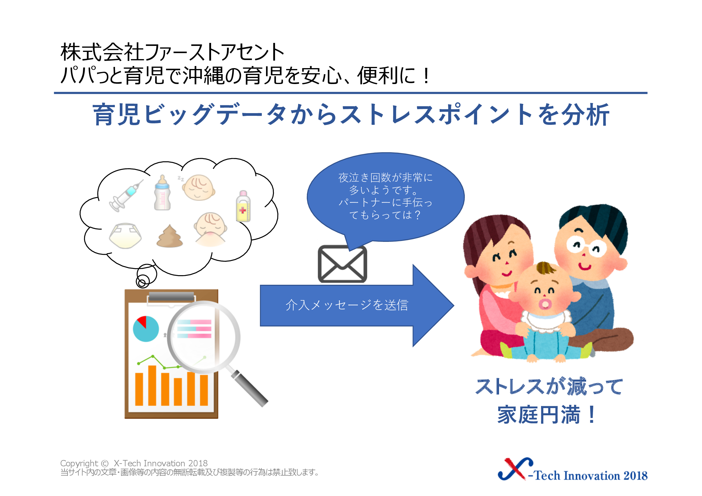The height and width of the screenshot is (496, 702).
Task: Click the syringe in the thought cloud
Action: click(x=126, y=196)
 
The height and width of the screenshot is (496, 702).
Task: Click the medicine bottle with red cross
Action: click(x=243, y=206)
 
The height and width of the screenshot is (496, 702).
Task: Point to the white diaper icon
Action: click(x=126, y=235)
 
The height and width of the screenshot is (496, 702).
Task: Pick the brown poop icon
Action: click(x=170, y=236)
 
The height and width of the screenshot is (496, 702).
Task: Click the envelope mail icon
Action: click(x=342, y=264)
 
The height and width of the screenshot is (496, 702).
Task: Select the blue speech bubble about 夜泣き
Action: click(x=386, y=197)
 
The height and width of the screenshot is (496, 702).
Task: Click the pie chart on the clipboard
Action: click(x=146, y=329)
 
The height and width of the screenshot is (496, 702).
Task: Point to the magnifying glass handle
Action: click(x=249, y=388)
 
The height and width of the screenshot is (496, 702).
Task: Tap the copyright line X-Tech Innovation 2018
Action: click(x=134, y=463)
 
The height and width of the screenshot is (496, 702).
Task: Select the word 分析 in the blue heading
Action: click(x=586, y=115)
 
